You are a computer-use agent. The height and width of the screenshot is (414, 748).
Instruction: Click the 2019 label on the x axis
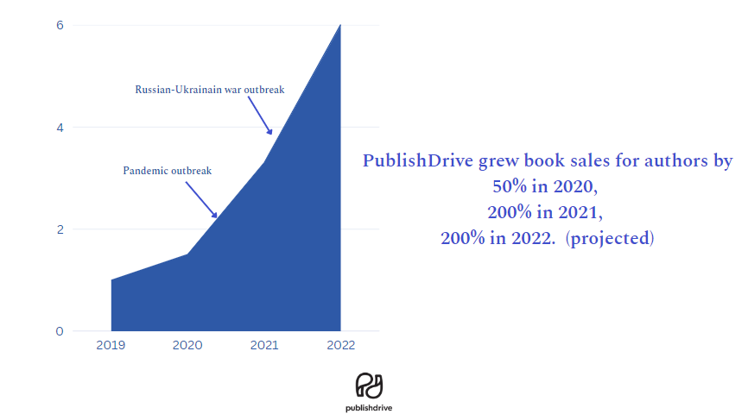click(111, 346)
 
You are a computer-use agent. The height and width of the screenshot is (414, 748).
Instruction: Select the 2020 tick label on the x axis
click(187, 346)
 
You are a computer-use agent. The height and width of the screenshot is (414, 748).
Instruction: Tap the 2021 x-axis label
click(264, 346)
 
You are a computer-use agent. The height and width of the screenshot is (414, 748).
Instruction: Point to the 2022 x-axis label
click(340, 346)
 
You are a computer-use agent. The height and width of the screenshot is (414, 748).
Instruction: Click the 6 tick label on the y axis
click(60, 25)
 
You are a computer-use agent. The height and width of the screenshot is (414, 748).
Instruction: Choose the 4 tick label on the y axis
click(60, 128)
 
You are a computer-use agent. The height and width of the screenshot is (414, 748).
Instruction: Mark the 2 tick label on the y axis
click(60, 229)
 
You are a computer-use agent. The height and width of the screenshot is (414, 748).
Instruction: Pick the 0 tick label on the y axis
click(60, 331)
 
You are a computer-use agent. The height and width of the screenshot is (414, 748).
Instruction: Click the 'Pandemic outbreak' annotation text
click(168, 171)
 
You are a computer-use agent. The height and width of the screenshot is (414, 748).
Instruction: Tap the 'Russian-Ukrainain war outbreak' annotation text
click(210, 89)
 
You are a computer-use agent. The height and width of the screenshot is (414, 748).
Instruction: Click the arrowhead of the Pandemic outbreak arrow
click(215, 215)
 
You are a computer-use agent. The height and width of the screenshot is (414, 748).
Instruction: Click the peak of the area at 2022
click(340, 25)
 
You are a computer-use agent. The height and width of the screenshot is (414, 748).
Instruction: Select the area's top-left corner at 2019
click(111, 279)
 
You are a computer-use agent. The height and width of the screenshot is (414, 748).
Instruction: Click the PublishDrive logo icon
click(369, 385)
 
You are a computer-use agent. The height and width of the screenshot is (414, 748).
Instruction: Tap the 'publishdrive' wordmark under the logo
click(369, 407)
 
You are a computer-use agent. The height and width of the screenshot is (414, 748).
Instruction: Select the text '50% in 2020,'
click(544, 186)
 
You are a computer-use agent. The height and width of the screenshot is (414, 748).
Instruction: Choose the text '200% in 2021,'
click(544, 212)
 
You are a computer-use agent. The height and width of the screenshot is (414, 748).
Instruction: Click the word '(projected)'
click(610, 238)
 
